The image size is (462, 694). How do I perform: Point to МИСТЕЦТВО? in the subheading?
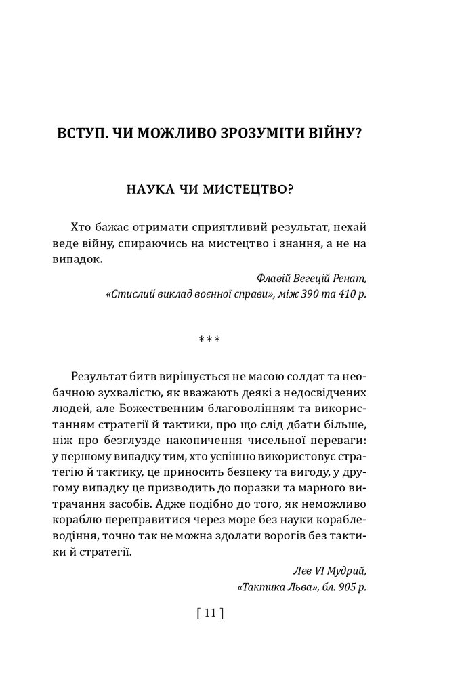(253, 190)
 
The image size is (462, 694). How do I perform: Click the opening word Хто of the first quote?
(81, 226)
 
